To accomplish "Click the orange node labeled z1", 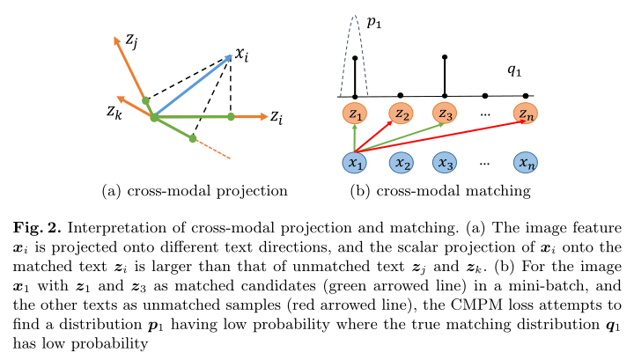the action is pos(355,114).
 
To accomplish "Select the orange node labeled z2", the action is pos(402,114).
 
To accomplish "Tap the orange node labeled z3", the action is pos(445,114).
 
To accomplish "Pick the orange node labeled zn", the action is pos(526,114).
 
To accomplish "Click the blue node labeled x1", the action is pos(355,163).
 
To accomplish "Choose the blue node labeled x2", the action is pos(402,163).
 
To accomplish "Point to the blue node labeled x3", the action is pos(445,163).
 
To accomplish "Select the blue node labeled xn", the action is pos(526,163).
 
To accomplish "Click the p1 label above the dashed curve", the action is pos(374,23).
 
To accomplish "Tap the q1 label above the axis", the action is pos(514,70).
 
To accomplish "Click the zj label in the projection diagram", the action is pos(131,41).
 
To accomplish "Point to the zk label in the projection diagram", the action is pos(114,112).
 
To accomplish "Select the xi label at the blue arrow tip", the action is pos(242,55).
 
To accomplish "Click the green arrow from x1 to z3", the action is pos(400,138).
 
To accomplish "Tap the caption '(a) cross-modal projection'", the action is pos(195,191).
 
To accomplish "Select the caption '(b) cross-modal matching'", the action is pos(440,191).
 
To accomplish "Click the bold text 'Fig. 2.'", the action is pos(37,228).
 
